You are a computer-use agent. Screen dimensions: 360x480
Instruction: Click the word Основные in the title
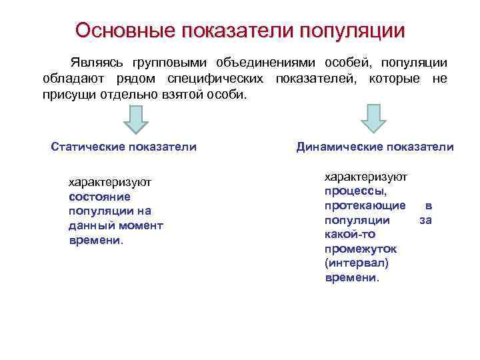pyautogui.click(x=119, y=31)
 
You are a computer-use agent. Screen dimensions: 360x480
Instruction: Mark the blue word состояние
pyautogui.click(x=99, y=197)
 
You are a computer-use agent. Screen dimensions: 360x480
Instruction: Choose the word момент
pyautogui.click(x=141, y=226)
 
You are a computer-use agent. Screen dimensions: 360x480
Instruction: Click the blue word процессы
pyautogui.click(x=355, y=190)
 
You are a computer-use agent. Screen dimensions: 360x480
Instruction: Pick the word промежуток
pyautogui.click(x=360, y=249)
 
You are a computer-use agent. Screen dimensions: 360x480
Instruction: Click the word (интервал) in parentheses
pyautogui.click(x=356, y=263)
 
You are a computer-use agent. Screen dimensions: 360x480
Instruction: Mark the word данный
pyautogui.click(x=90, y=226)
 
